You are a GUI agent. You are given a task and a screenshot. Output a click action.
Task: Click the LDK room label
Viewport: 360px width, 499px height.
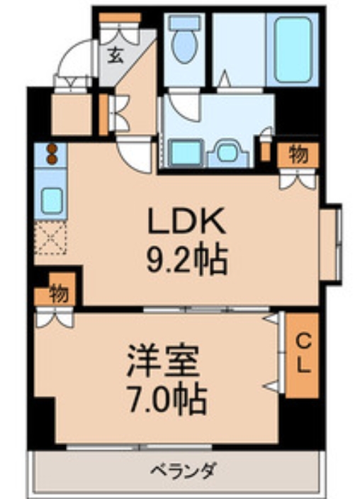186,223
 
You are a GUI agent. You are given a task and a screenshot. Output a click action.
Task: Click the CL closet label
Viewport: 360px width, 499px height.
303,354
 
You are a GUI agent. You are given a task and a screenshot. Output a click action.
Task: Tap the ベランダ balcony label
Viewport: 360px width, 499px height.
183,470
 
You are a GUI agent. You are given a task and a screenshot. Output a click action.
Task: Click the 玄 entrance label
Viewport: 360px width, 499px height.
116,56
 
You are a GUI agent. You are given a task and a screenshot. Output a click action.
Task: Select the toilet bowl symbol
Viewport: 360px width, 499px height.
186,47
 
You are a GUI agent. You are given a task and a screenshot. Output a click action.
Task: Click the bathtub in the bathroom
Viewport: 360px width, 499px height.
293,48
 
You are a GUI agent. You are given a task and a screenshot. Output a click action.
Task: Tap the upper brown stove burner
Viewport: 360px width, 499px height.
52,149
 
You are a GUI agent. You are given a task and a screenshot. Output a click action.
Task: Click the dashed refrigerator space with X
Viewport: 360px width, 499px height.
51,240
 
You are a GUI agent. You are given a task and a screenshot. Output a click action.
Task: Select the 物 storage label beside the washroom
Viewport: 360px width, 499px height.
298,155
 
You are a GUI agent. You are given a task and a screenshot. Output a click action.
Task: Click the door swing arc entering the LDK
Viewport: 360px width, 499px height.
134,155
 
